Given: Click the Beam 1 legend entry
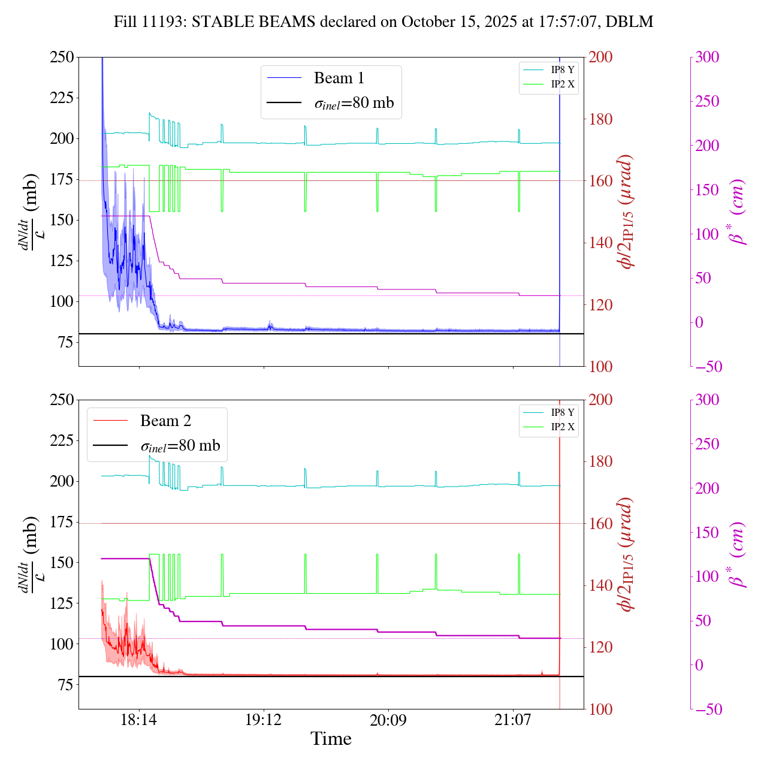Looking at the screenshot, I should point(339,78).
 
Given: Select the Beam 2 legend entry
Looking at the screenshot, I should point(165,421).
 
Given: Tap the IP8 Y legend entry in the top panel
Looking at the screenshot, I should point(562,70).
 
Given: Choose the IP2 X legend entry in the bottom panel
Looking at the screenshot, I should point(562,427).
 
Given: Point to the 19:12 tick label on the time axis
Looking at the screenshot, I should point(264,720).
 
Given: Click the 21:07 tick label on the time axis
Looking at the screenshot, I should point(513,720).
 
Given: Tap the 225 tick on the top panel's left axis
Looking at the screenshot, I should point(62,98).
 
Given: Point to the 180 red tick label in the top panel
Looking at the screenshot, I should point(601,119).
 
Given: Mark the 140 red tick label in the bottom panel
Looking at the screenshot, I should point(601,585).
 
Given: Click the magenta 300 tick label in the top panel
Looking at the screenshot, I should point(707,57).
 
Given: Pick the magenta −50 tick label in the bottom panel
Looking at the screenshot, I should point(707,709).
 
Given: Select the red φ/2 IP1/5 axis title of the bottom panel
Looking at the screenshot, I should point(627,554).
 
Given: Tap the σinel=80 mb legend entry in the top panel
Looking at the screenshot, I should point(354,103).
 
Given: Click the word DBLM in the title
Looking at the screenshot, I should point(629,22).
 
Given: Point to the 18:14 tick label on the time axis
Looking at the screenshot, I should point(139,720).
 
